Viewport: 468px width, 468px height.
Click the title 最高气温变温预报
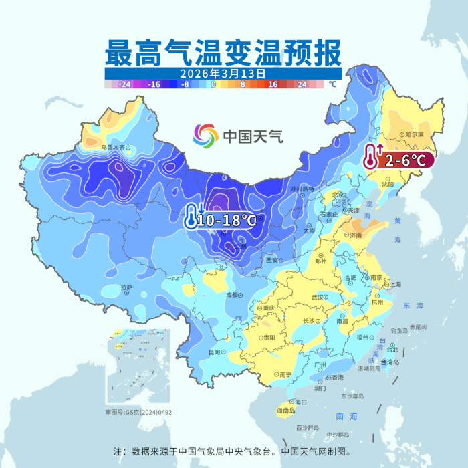[x=223, y=52]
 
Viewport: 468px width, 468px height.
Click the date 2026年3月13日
[x=223, y=73]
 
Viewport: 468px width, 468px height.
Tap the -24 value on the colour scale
[x=124, y=85]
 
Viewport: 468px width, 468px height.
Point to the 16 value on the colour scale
[x=273, y=85]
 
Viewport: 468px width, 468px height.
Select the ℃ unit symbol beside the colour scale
[x=332, y=85]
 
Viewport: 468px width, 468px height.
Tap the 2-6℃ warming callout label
[x=404, y=160]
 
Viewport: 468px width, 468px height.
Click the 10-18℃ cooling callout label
[x=227, y=219]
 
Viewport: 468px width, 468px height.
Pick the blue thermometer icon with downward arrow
[x=192, y=217]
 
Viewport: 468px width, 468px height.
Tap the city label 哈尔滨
[x=415, y=134]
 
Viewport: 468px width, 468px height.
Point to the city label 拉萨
[x=127, y=287]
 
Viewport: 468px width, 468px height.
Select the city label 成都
[x=232, y=294]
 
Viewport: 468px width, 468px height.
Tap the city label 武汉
[x=319, y=297]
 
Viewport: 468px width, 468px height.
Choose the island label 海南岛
[x=286, y=410]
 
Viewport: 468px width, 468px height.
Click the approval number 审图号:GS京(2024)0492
[x=138, y=413]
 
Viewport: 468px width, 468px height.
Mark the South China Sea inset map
[x=138, y=367]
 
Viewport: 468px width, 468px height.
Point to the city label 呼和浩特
[x=302, y=189]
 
